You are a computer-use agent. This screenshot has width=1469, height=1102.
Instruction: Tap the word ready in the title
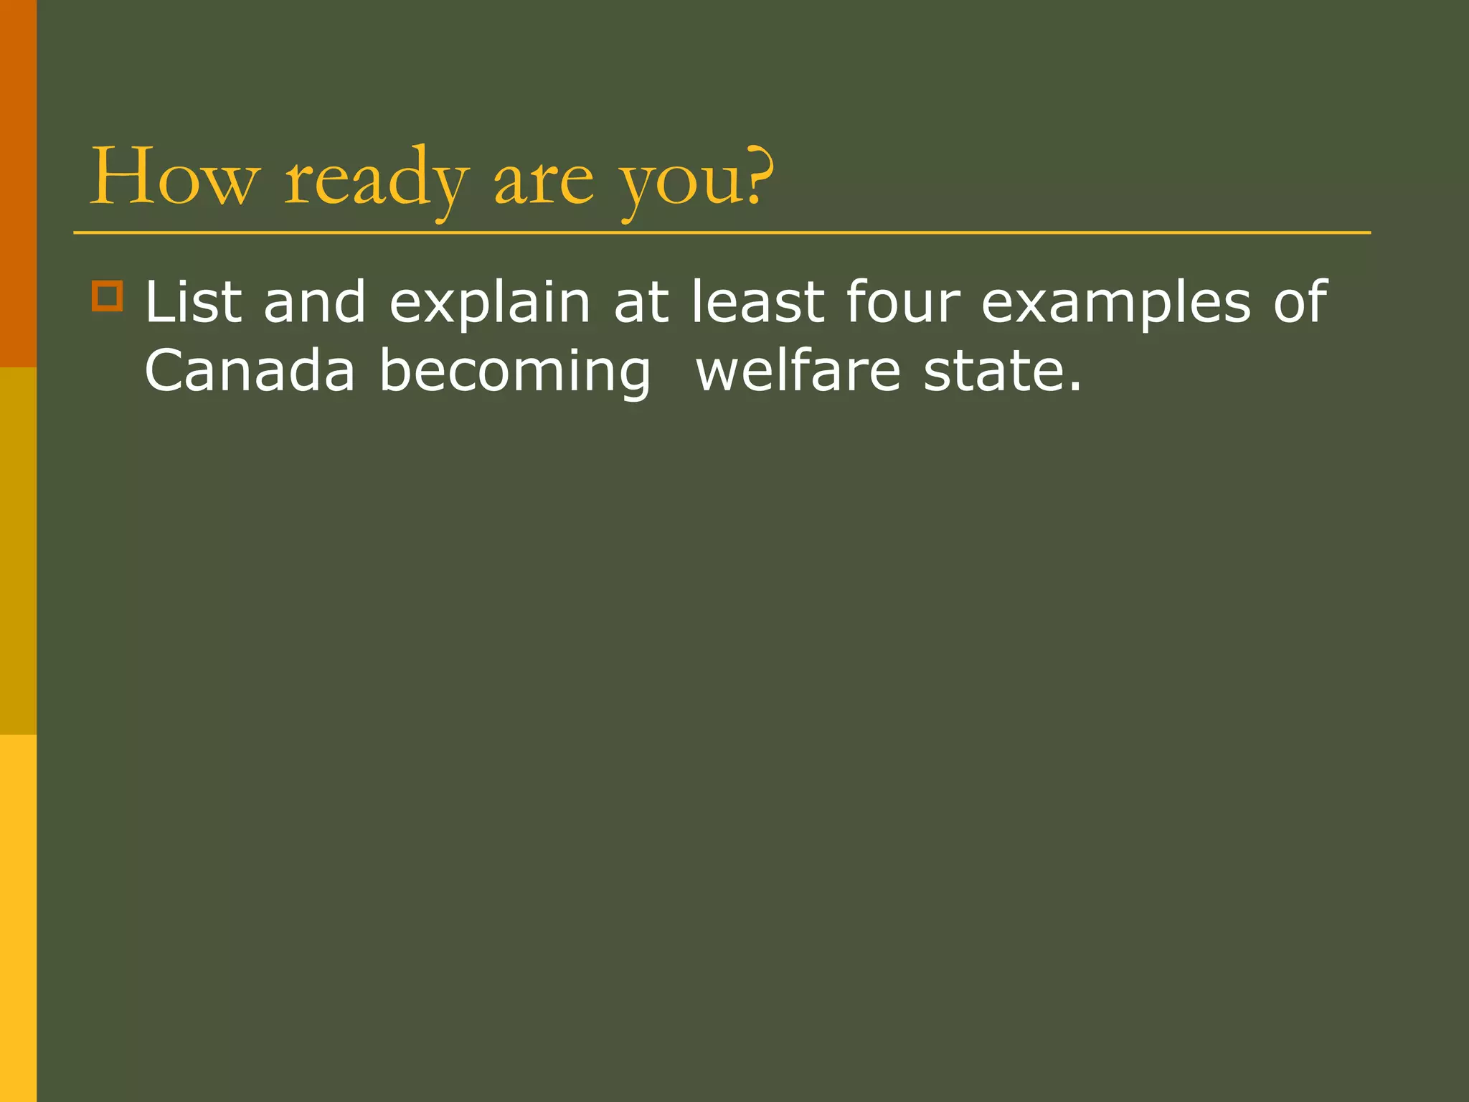pyautogui.click(x=377, y=179)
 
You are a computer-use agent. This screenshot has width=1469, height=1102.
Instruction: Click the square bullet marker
pyautogui.click(x=108, y=296)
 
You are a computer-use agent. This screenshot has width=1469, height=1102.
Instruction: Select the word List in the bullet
pyautogui.click(x=193, y=302)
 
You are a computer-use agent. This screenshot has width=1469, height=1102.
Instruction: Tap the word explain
pyautogui.click(x=490, y=305)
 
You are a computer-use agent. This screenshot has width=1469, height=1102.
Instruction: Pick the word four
pyautogui.click(x=902, y=302)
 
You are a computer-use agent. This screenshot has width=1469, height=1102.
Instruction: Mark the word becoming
pyautogui.click(x=514, y=373)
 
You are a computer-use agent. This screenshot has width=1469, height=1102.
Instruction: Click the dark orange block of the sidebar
pyautogui.click(x=18, y=184)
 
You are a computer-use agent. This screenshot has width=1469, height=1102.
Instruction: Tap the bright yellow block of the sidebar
pyautogui.click(x=18, y=918)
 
